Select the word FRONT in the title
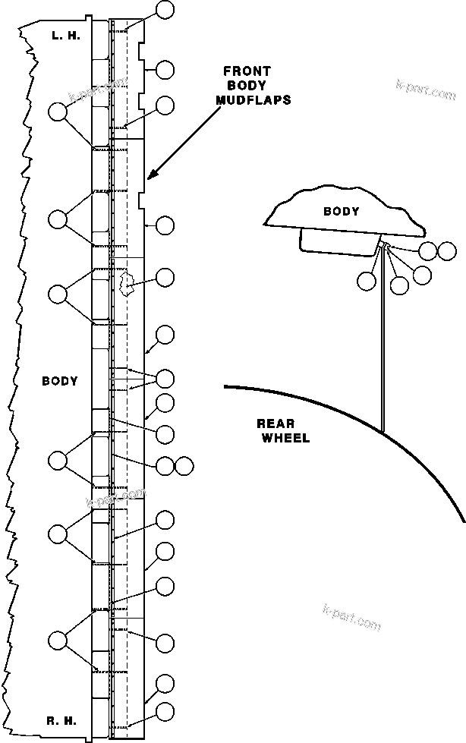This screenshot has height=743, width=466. point(247,72)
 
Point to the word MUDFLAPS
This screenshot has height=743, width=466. point(253,99)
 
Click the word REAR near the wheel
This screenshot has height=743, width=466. point(274,424)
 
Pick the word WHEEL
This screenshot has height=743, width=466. point(285,438)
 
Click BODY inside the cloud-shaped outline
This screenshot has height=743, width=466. point(341,212)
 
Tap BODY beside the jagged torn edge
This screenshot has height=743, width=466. point(60,381)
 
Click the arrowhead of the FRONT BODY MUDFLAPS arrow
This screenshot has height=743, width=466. point(151,176)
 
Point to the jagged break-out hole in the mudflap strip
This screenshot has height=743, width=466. point(126,284)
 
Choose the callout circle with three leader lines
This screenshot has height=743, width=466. point(165,378)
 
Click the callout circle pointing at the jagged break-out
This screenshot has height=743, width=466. point(165,278)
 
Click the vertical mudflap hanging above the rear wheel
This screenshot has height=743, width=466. point(383,342)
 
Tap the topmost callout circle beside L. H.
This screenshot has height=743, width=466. point(165,10)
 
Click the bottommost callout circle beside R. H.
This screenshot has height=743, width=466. point(165,712)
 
